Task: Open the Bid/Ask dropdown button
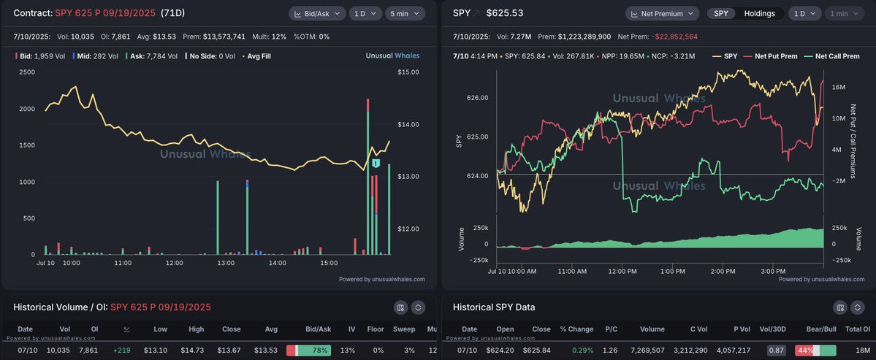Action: [x=317, y=13]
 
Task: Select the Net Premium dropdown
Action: [x=662, y=13]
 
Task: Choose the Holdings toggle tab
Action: [x=759, y=13]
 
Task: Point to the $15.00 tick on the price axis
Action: [x=408, y=72]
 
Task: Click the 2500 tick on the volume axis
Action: [x=27, y=72]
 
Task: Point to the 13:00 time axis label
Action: [x=226, y=263]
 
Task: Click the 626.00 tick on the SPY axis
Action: [x=478, y=98]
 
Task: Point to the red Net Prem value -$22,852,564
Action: [x=674, y=37]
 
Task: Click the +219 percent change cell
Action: [x=121, y=351]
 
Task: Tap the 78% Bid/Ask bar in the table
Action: [x=308, y=351]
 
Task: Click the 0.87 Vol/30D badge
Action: [x=776, y=351]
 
